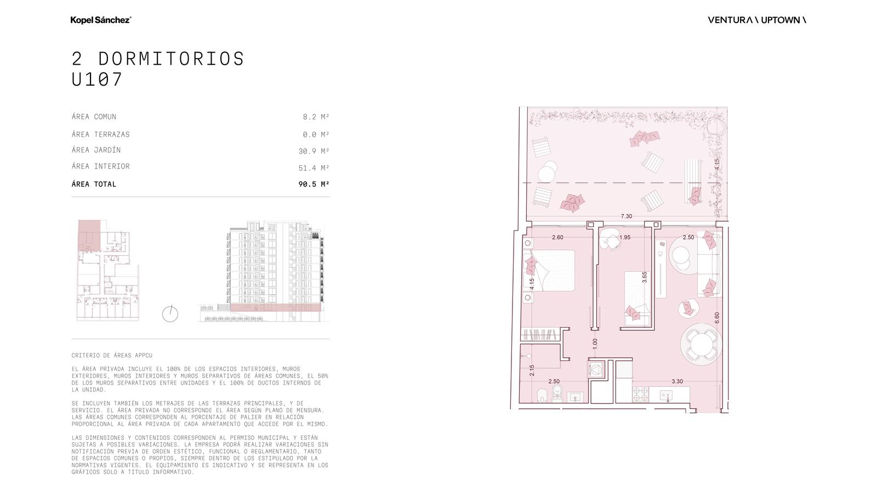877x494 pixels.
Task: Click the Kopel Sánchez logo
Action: (101, 20)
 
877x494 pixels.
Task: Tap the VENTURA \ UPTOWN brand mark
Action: (757, 20)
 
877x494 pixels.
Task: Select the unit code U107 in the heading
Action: (97, 79)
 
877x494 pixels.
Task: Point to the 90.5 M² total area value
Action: (314, 184)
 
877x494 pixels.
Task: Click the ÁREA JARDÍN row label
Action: (96, 150)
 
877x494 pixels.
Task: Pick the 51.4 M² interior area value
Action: (314, 168)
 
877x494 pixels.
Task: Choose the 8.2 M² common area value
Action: (316, 117)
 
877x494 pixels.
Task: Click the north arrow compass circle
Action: (170, 314)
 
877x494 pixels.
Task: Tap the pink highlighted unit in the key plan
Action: (89, 235)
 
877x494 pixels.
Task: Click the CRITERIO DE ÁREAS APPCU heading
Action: (112, 355)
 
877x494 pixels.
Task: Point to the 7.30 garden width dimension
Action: (627, 216)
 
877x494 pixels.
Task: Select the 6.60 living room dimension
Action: (717, 318)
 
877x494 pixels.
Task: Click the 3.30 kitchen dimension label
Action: (677, 381)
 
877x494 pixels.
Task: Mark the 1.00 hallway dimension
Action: (595, 344)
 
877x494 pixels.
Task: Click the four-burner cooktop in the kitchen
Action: (641, 394)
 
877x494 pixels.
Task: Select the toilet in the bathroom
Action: (556, 393)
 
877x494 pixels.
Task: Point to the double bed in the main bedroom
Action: (550, 271)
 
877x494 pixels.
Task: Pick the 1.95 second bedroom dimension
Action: (625, 237)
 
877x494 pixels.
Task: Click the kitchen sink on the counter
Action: (667, 395)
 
